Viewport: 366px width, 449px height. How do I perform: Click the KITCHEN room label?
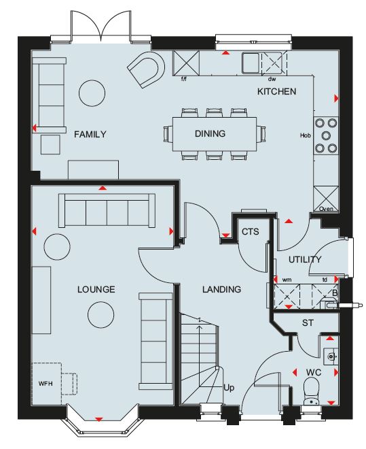coord(276,92)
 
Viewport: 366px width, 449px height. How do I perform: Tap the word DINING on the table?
coord(210,133)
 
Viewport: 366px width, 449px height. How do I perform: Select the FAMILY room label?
coord(90,134)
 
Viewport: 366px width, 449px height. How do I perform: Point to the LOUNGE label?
coord(96,289)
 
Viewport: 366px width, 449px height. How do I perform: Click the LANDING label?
coord(222,290)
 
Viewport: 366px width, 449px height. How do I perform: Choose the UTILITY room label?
coord(305,260)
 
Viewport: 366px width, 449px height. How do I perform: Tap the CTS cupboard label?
coord(251,232)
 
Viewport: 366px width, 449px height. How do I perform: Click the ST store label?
coord(308,323)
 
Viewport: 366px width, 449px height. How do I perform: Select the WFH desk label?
coord(45,384)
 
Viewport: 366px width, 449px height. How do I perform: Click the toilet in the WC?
coord(311,392)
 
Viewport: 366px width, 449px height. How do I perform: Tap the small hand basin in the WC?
coord(331,356)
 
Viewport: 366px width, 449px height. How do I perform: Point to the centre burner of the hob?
coord(326,135)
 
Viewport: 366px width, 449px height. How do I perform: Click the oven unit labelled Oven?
coord(326,199)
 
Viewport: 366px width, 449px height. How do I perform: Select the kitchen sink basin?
coord(251,62)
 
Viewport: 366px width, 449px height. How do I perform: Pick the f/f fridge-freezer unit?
coord(185,63)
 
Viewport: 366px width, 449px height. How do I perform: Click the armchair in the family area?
coord(146,69)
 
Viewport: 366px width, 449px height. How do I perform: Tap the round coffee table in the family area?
coord(92,93)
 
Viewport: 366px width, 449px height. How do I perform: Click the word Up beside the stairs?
coord(229,388)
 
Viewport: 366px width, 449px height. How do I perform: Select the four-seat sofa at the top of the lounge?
coord(107,210)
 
